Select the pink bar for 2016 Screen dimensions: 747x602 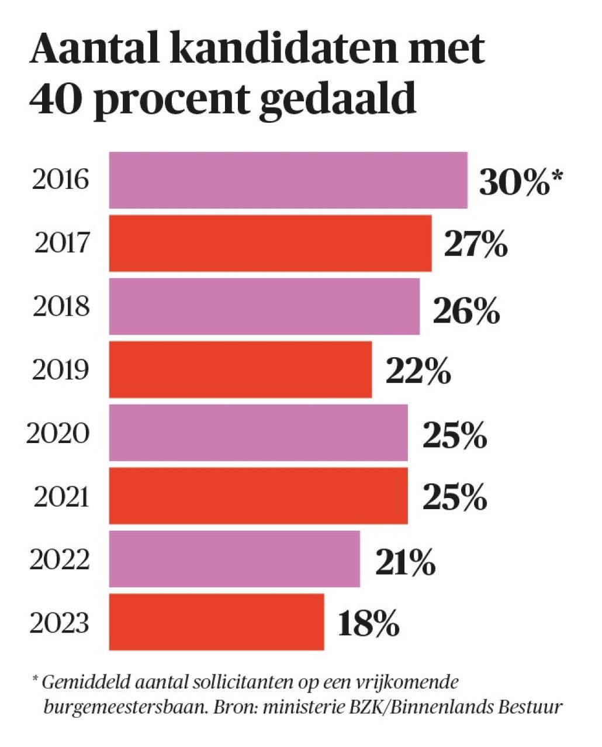pos(288,180)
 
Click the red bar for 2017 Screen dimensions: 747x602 pos(270,243)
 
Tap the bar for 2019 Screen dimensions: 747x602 pos(240,369)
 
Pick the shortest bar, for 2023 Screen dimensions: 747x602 pos(216,622)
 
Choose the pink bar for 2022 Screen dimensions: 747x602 pos(234,559)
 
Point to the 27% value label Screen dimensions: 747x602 pos(475,244)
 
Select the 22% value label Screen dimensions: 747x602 pos(418,371)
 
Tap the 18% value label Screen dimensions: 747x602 pos(368,624)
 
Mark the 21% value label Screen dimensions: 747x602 pos(405,562)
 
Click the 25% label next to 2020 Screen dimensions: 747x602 pos(454,435)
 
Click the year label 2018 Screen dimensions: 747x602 pos(61,306)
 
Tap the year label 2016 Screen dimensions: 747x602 pos(61,179)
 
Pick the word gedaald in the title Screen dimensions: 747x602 pos(338,99)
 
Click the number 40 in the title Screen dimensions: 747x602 pos(56,98)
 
